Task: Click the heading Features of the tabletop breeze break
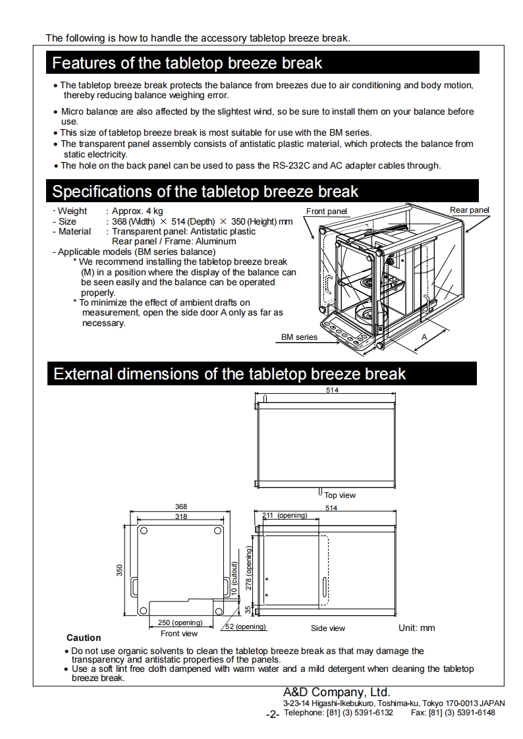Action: coord(187,64)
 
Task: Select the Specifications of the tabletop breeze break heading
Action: coord(205,192)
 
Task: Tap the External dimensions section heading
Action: coord(229,374)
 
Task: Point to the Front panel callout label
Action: coord(327,211)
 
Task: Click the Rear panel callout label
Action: coord(470,210)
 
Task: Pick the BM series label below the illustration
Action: coord(299,337)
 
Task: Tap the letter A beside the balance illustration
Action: coord(424,336)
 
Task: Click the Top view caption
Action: coord(340,495)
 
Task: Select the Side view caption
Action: coord(328,628)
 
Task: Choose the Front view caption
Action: coord(179,634)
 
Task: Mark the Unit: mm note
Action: coord(417,628)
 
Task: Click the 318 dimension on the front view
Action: coord(180,516)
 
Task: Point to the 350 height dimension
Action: coord(120,570)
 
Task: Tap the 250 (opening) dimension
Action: coord(180,622)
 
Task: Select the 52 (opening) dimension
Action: coord(246,627)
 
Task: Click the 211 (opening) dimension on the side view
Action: coord(285,515)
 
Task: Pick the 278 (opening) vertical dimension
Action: coord(249,571)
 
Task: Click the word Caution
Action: coord(84,638)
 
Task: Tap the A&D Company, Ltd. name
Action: coord(337,692)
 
